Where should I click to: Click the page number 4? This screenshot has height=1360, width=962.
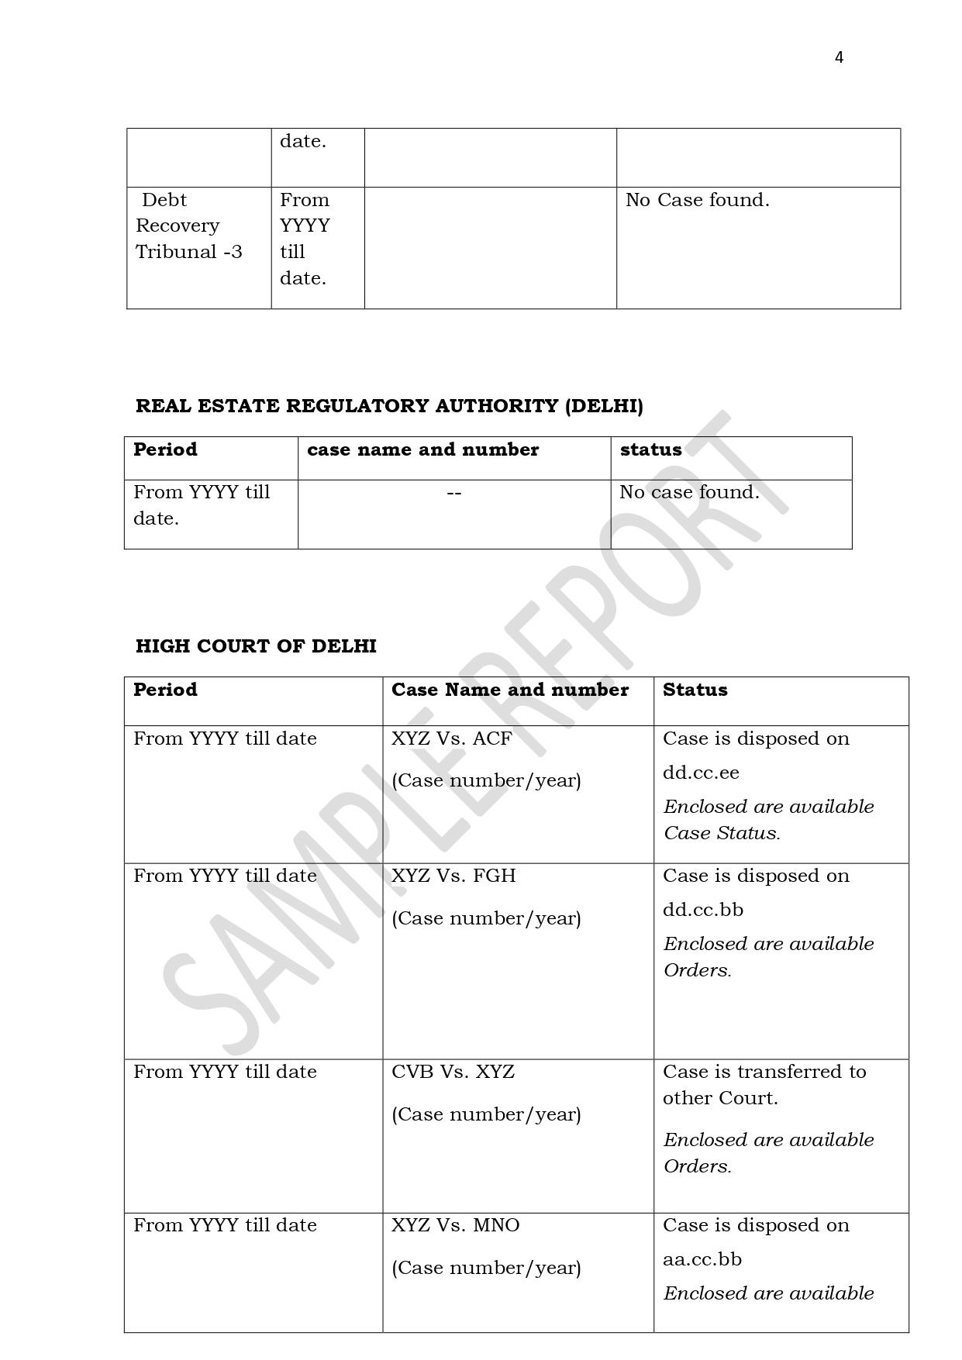coord(839,57)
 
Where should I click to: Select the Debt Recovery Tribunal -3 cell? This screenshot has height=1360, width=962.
coord(188,226)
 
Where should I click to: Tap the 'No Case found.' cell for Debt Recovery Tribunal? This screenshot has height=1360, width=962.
coord(697,200)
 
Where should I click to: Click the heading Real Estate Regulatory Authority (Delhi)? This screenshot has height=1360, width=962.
coord(389,406)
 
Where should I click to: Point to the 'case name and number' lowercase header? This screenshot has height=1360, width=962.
coord(422,449)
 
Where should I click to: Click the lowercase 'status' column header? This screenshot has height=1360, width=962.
coord(650,449)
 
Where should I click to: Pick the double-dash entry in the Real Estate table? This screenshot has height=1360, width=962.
coord(454,493)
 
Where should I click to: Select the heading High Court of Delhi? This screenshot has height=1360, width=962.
coord(256,646)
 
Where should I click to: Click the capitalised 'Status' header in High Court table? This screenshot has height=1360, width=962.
coord(695,690)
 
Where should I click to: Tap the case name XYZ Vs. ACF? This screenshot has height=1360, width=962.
coord(451,739)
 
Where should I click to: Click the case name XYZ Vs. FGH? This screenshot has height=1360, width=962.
coord(453,876)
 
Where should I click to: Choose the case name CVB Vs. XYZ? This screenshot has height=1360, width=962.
coord(453,1072)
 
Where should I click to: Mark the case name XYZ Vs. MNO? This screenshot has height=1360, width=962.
coord(455,1225)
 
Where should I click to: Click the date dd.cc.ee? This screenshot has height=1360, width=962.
coord(701,773)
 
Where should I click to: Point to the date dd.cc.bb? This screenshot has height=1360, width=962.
coord(702,910)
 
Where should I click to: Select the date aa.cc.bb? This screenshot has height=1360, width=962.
coord(702,1259)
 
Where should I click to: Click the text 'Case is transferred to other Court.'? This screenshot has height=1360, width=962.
coord(764,1085)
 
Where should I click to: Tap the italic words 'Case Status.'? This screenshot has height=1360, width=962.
coord(722,833)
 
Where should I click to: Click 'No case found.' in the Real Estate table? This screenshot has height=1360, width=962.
coord(689,492)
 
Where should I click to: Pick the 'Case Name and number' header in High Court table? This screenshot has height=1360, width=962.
coord(509,690)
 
